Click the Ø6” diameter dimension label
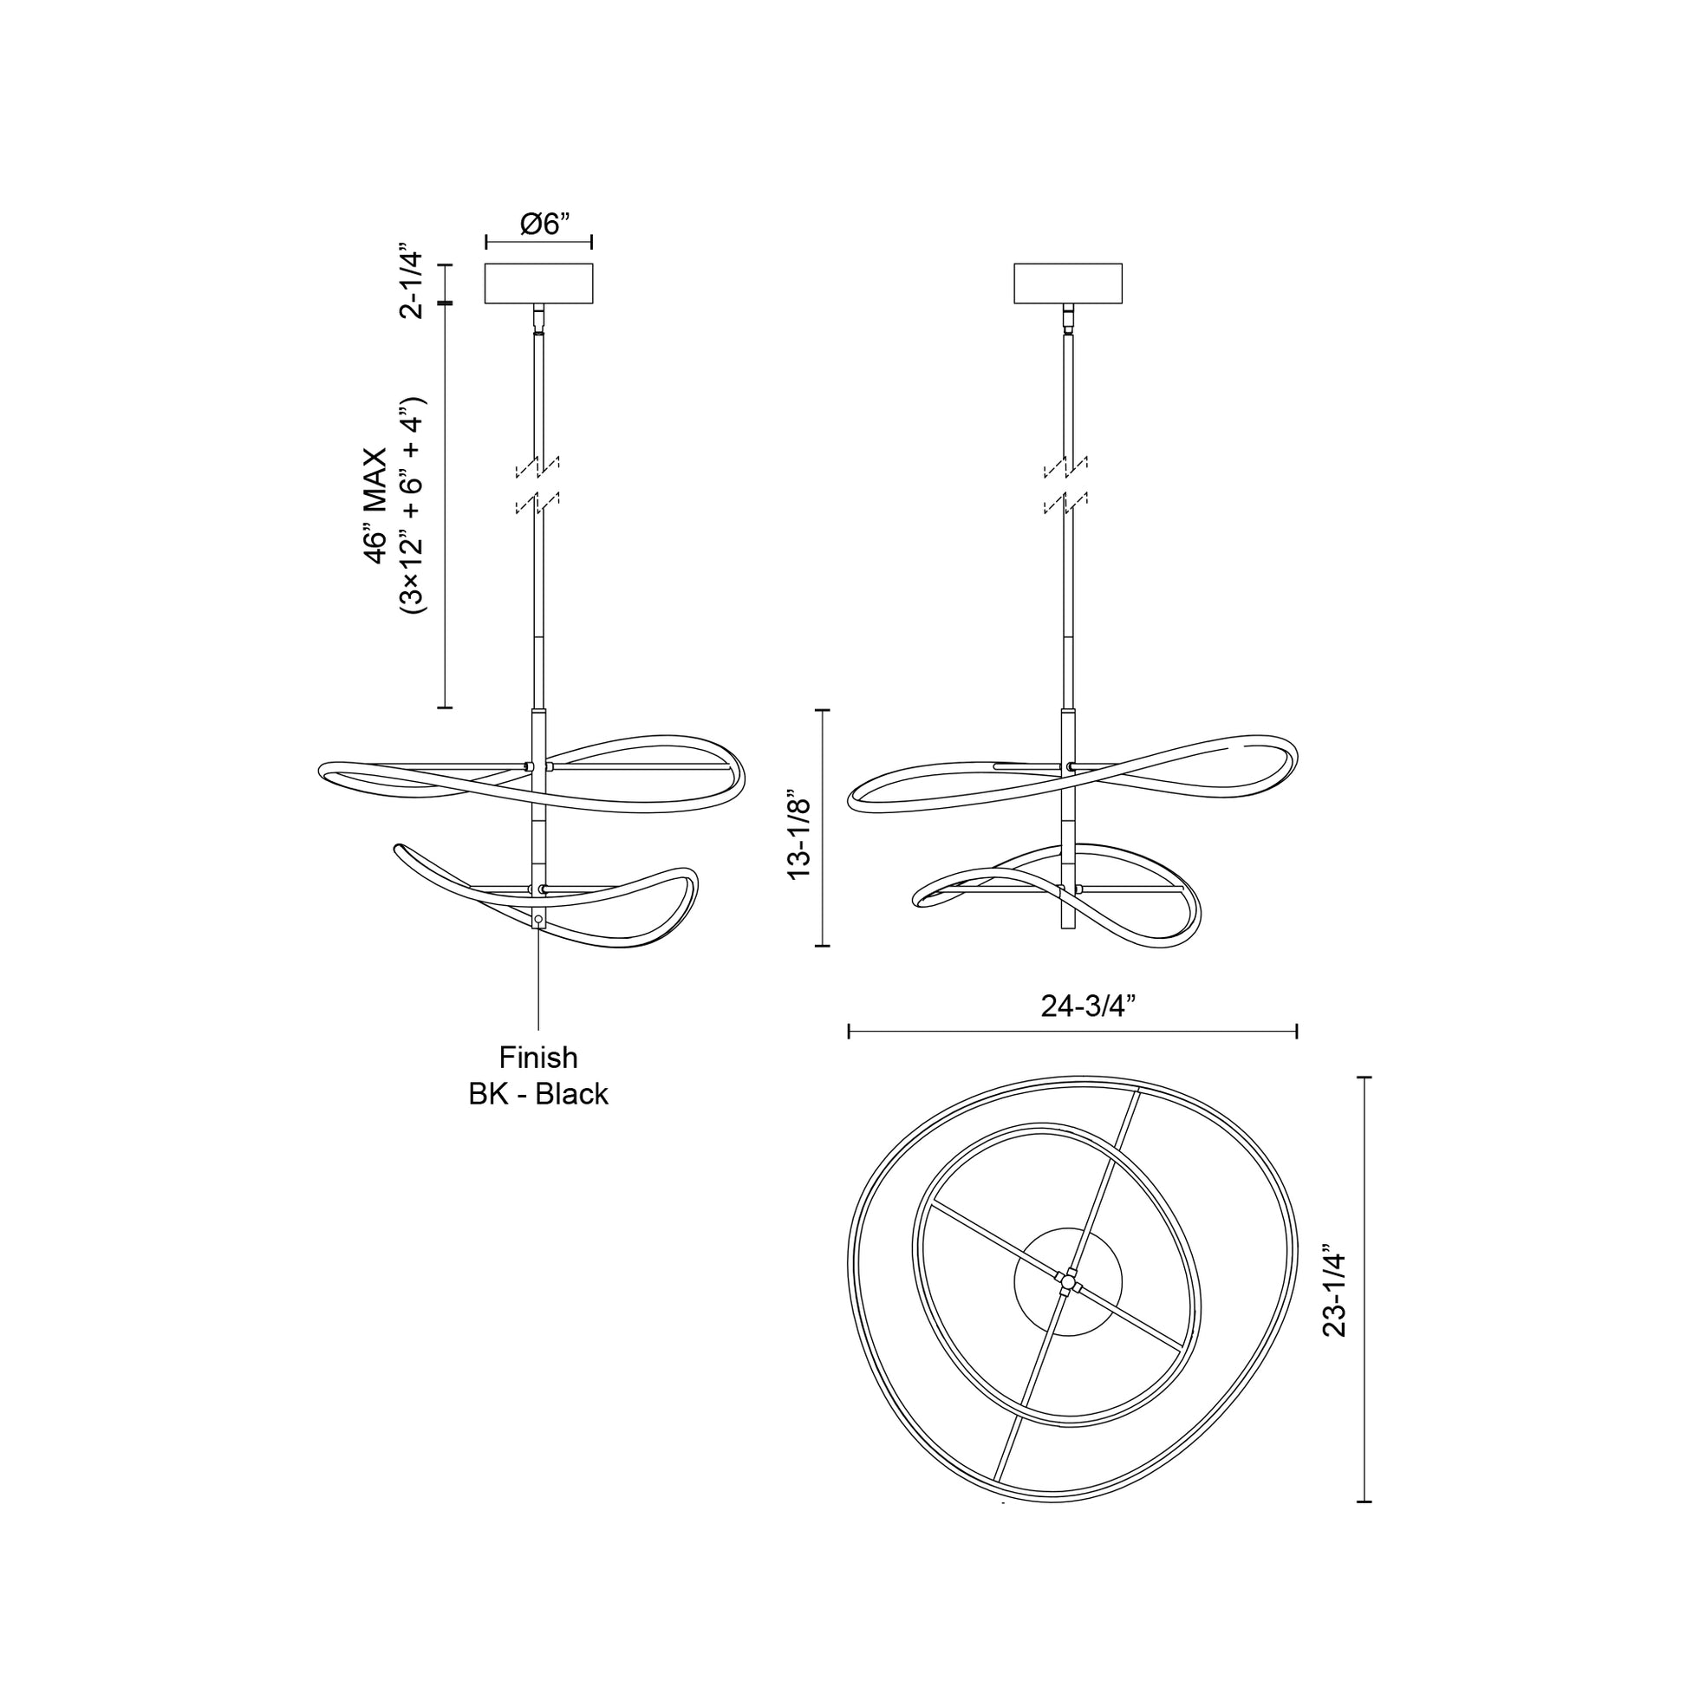[544, 225]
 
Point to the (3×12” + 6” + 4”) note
[411, 506]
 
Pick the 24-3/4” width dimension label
[1087, 1006]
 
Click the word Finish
[537, 1058]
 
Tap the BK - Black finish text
[537, 1094]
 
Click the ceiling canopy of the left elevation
[538, 283]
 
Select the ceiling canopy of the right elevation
[1067, 283]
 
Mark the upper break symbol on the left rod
[537, 468]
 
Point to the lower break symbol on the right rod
[1065, 503]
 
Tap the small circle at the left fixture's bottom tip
[537, 920]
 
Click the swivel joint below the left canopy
[538, 319]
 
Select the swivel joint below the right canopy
[1068, 319]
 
